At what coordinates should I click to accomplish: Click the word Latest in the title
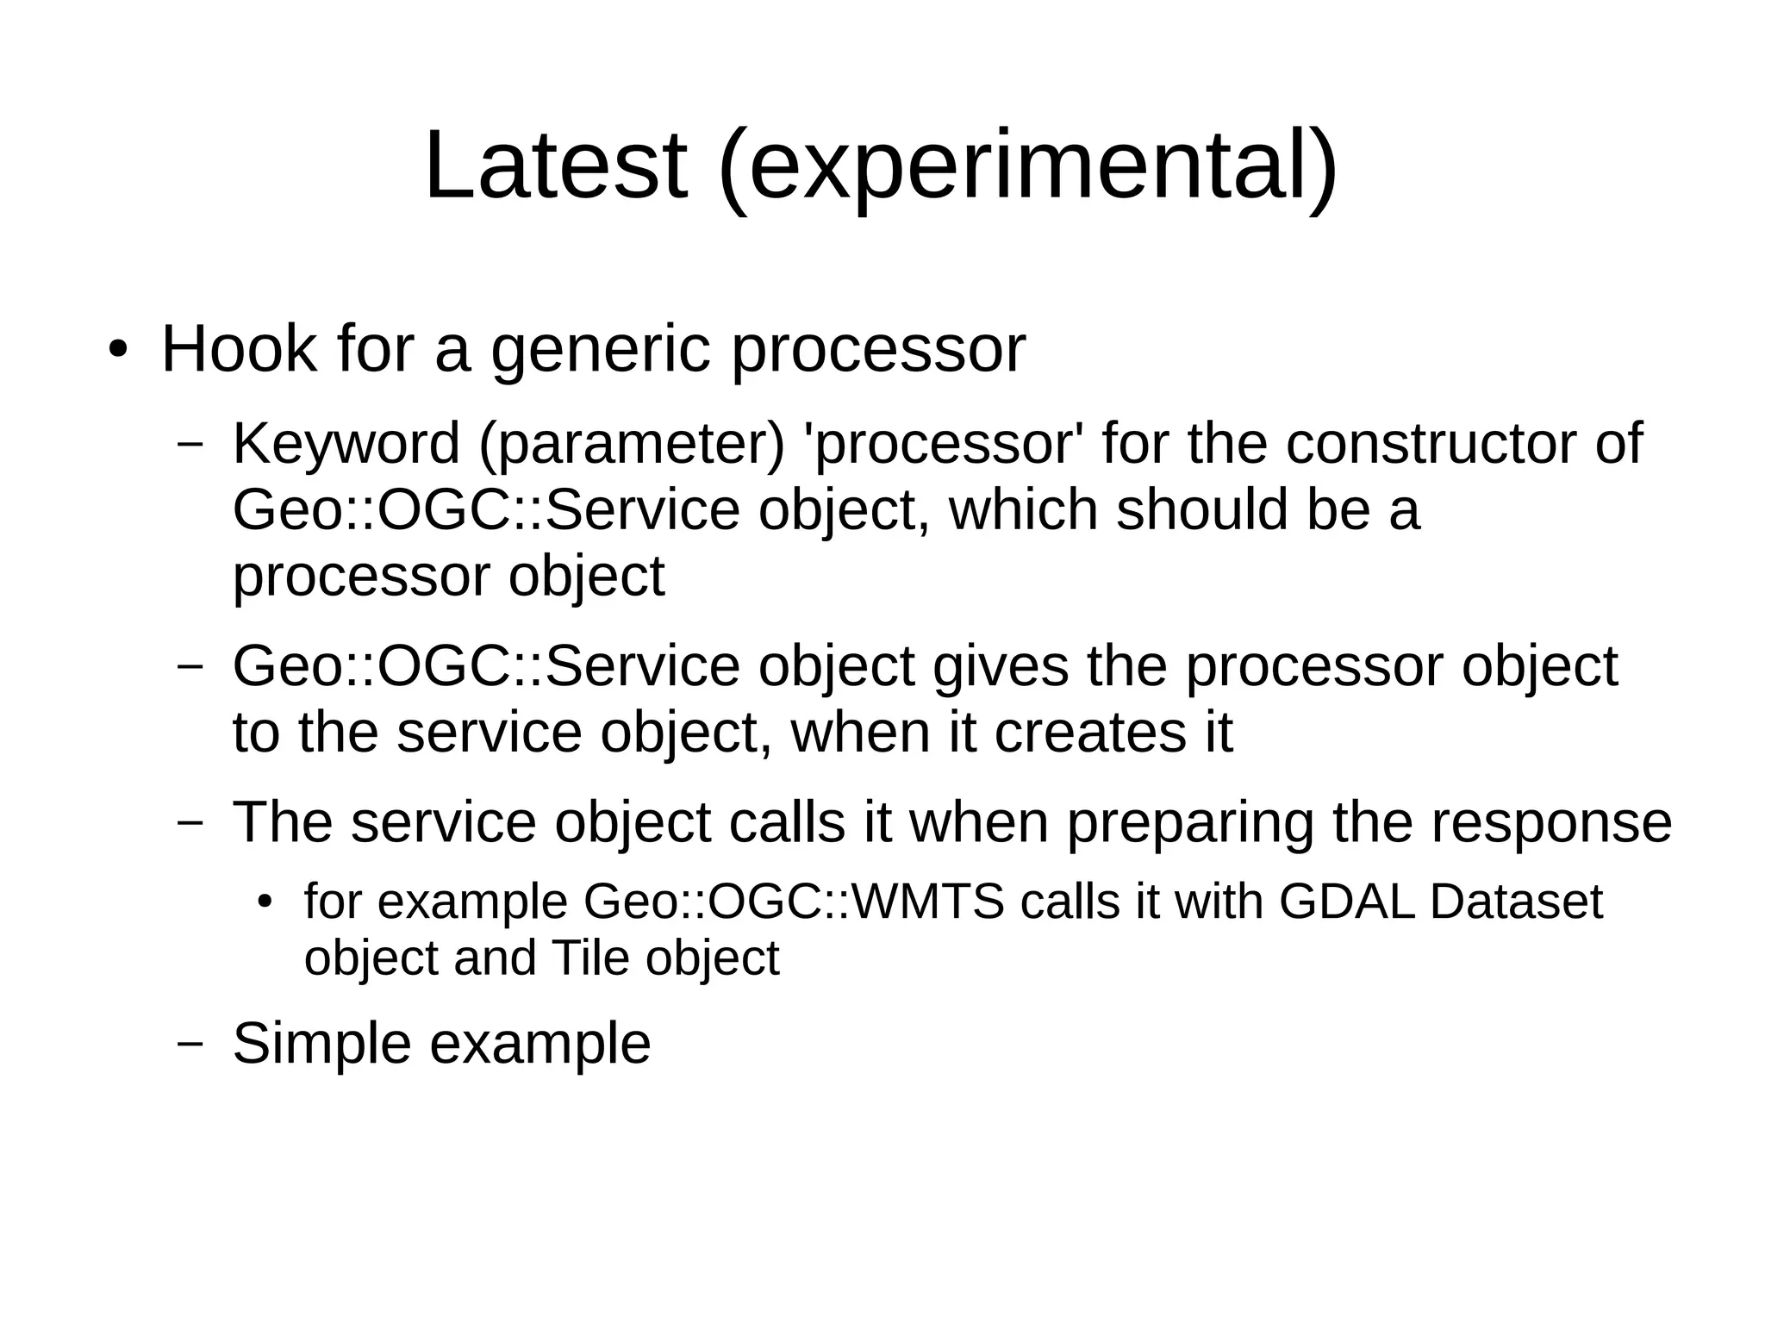click(556, 165)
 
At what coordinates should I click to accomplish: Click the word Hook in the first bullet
click(239, 349)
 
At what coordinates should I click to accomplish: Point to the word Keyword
click(346, 444)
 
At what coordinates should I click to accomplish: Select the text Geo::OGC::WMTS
click(794, 902)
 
